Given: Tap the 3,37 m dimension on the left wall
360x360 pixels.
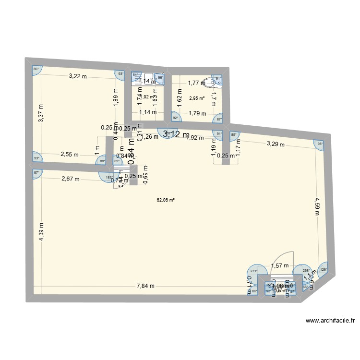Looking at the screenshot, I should [41, 114].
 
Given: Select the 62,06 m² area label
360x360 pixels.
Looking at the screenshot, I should [166, 200].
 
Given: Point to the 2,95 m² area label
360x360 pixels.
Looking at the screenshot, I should [197, 98].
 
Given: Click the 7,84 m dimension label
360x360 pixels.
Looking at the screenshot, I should [145, 286].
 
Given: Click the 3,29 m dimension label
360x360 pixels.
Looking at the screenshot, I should [276, 144].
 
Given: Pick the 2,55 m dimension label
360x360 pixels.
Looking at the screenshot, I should [70, 155].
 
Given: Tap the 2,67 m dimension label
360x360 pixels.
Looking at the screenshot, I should [71, 179].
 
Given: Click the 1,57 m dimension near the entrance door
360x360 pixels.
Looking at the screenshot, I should [279, 265].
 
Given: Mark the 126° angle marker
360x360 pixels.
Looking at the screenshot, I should [323, 269].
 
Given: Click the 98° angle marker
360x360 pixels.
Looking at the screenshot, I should [319, 143].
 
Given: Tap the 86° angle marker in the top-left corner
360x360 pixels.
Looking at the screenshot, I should [36, 70].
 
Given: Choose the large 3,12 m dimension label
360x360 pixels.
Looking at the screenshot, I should [176, 135].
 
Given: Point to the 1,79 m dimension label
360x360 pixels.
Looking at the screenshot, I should [197, 114].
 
